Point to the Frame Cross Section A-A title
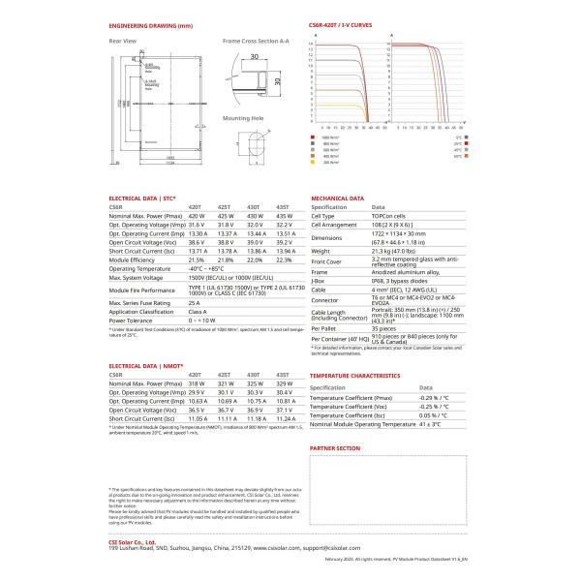[x=256, y=42]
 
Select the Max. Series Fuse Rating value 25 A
[x=195, y=303]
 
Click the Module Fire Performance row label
[x=142, y=290]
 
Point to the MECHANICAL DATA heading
[x=337, y=198]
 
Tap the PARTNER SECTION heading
[x=334, y=449]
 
